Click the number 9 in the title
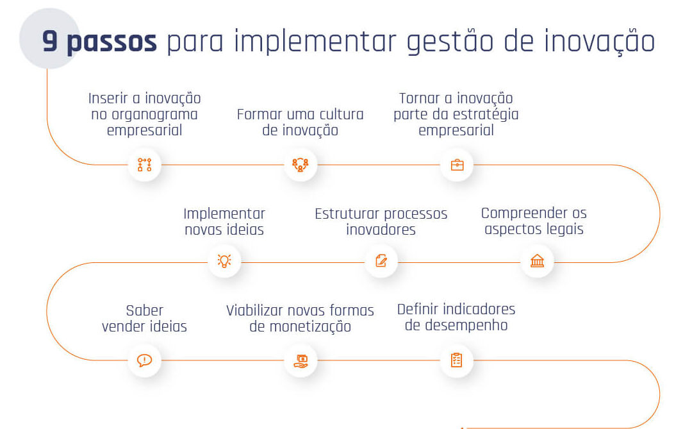coord(50,41)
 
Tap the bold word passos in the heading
coord(111,43)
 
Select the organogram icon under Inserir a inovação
coord(144,165)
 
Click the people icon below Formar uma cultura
coord(301,165)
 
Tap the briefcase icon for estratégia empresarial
coord(457,165)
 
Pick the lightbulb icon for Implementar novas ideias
coord(224,260)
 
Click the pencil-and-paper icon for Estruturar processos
coord(381,260)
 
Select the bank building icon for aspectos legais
coord(537,260)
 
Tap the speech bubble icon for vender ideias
coord(144,360)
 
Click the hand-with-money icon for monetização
coord(301,361)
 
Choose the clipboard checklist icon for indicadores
coord(457,360)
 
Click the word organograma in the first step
coord(154,115)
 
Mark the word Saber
coord(144,310)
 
